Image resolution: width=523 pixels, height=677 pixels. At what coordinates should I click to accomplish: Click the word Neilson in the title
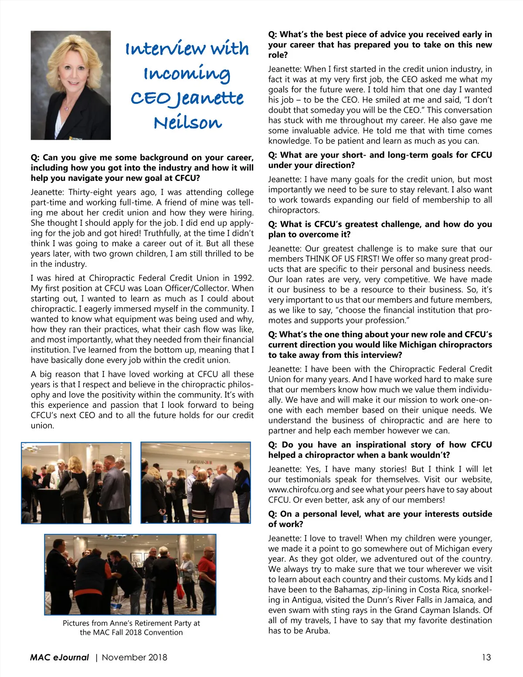(187, 122)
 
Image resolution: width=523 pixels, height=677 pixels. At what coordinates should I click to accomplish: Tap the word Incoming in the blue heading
(187, 73)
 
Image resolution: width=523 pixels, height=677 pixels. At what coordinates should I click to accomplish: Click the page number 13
(486, 657)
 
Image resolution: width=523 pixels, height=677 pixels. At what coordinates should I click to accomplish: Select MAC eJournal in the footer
(59, 657)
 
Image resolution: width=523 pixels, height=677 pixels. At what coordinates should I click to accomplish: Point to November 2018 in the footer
(134, 657)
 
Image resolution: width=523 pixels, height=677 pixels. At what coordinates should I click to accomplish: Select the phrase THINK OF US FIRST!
(343, 259)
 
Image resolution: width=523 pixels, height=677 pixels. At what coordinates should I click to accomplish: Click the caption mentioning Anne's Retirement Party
(131, 627)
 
